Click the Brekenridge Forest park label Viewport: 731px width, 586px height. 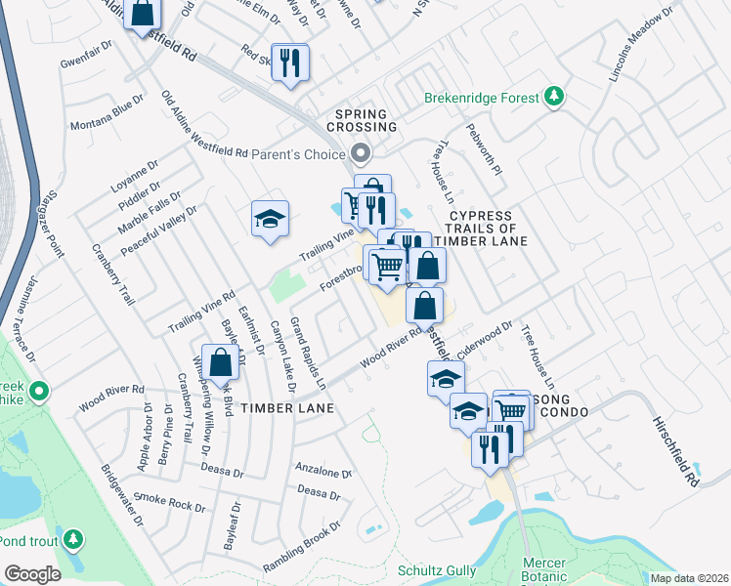click(x=482, y=98)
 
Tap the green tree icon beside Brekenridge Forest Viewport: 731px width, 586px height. click(x=555, y=95)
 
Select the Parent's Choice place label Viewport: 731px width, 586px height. click(x=298, y=153)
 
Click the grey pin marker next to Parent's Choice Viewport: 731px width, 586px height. click(x=361, y=153)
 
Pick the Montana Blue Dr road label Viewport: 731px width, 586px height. click(x=107, y=118)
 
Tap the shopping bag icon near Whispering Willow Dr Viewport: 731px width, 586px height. click(x=222, y=361)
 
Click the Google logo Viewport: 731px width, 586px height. click(x=32, y=573)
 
